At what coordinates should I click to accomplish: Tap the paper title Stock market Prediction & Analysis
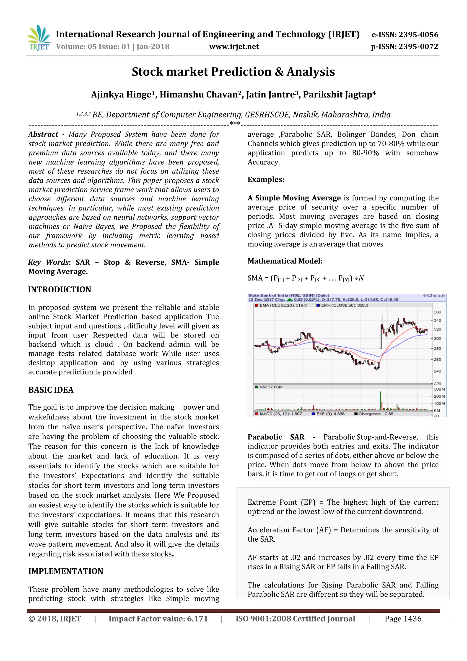pos(233,72)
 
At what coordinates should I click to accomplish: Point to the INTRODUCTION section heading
pos(60,290)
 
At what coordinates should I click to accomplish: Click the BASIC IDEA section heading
pos(51,390)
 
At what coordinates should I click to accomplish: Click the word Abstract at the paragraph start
pos(43,134)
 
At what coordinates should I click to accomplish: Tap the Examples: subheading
pos(266,180)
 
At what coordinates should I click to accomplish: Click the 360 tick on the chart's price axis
pos(437,312)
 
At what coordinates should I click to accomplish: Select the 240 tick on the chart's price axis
pos(437,371)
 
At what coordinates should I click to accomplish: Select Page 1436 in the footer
pos(403,619)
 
